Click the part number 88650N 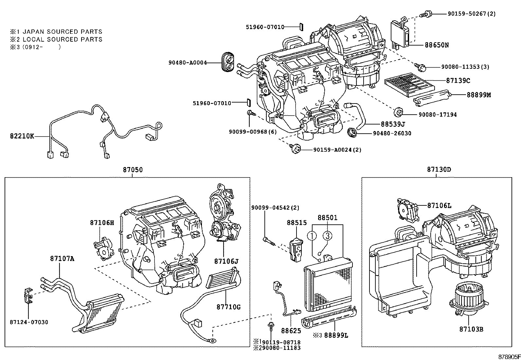click(x=437, y=45)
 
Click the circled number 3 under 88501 click(x=328, y=236)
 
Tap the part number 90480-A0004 click(x=188, y=63)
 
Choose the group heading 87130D click(x=439, y=170)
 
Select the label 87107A click(x=62, y=258)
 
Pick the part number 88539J click(x=393, y=124)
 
